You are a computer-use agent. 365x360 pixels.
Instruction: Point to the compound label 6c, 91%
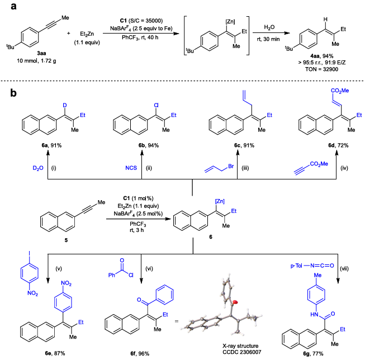click(x=233, y=146)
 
